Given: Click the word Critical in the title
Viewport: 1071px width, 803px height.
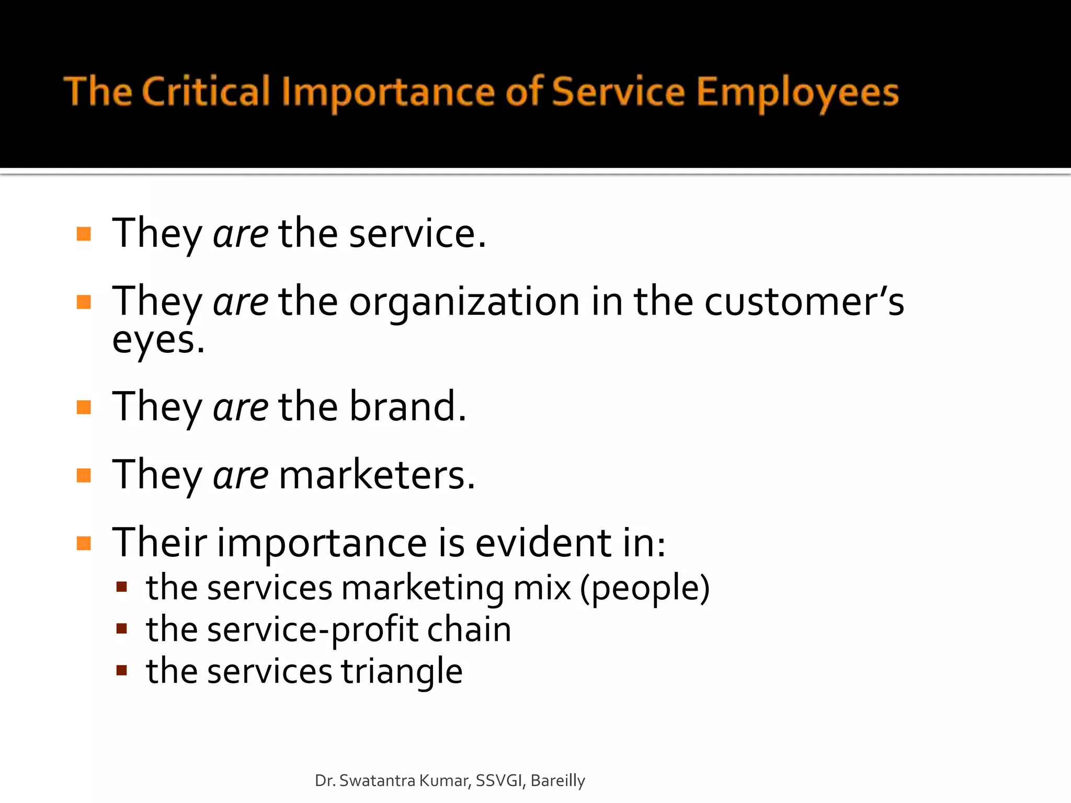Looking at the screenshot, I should click(x=206, y=92).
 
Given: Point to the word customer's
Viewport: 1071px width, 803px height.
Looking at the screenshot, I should click(x=804, y=302).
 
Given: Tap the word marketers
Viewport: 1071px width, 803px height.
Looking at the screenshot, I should click(x=377, y=475).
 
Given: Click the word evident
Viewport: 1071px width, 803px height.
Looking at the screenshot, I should click(x=543, y=543).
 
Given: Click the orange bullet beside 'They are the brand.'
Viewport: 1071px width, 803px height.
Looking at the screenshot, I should click(x=84, y=407).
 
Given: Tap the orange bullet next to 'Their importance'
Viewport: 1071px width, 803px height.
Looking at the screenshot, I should click(x=84, y=543).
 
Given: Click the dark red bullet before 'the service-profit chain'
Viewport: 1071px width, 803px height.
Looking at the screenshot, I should click(x=122, y=628).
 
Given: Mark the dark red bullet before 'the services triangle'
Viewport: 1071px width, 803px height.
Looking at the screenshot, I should click(x=122, y=670).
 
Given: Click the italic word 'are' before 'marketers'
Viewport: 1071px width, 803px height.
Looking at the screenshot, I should click(x=241, y=475).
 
